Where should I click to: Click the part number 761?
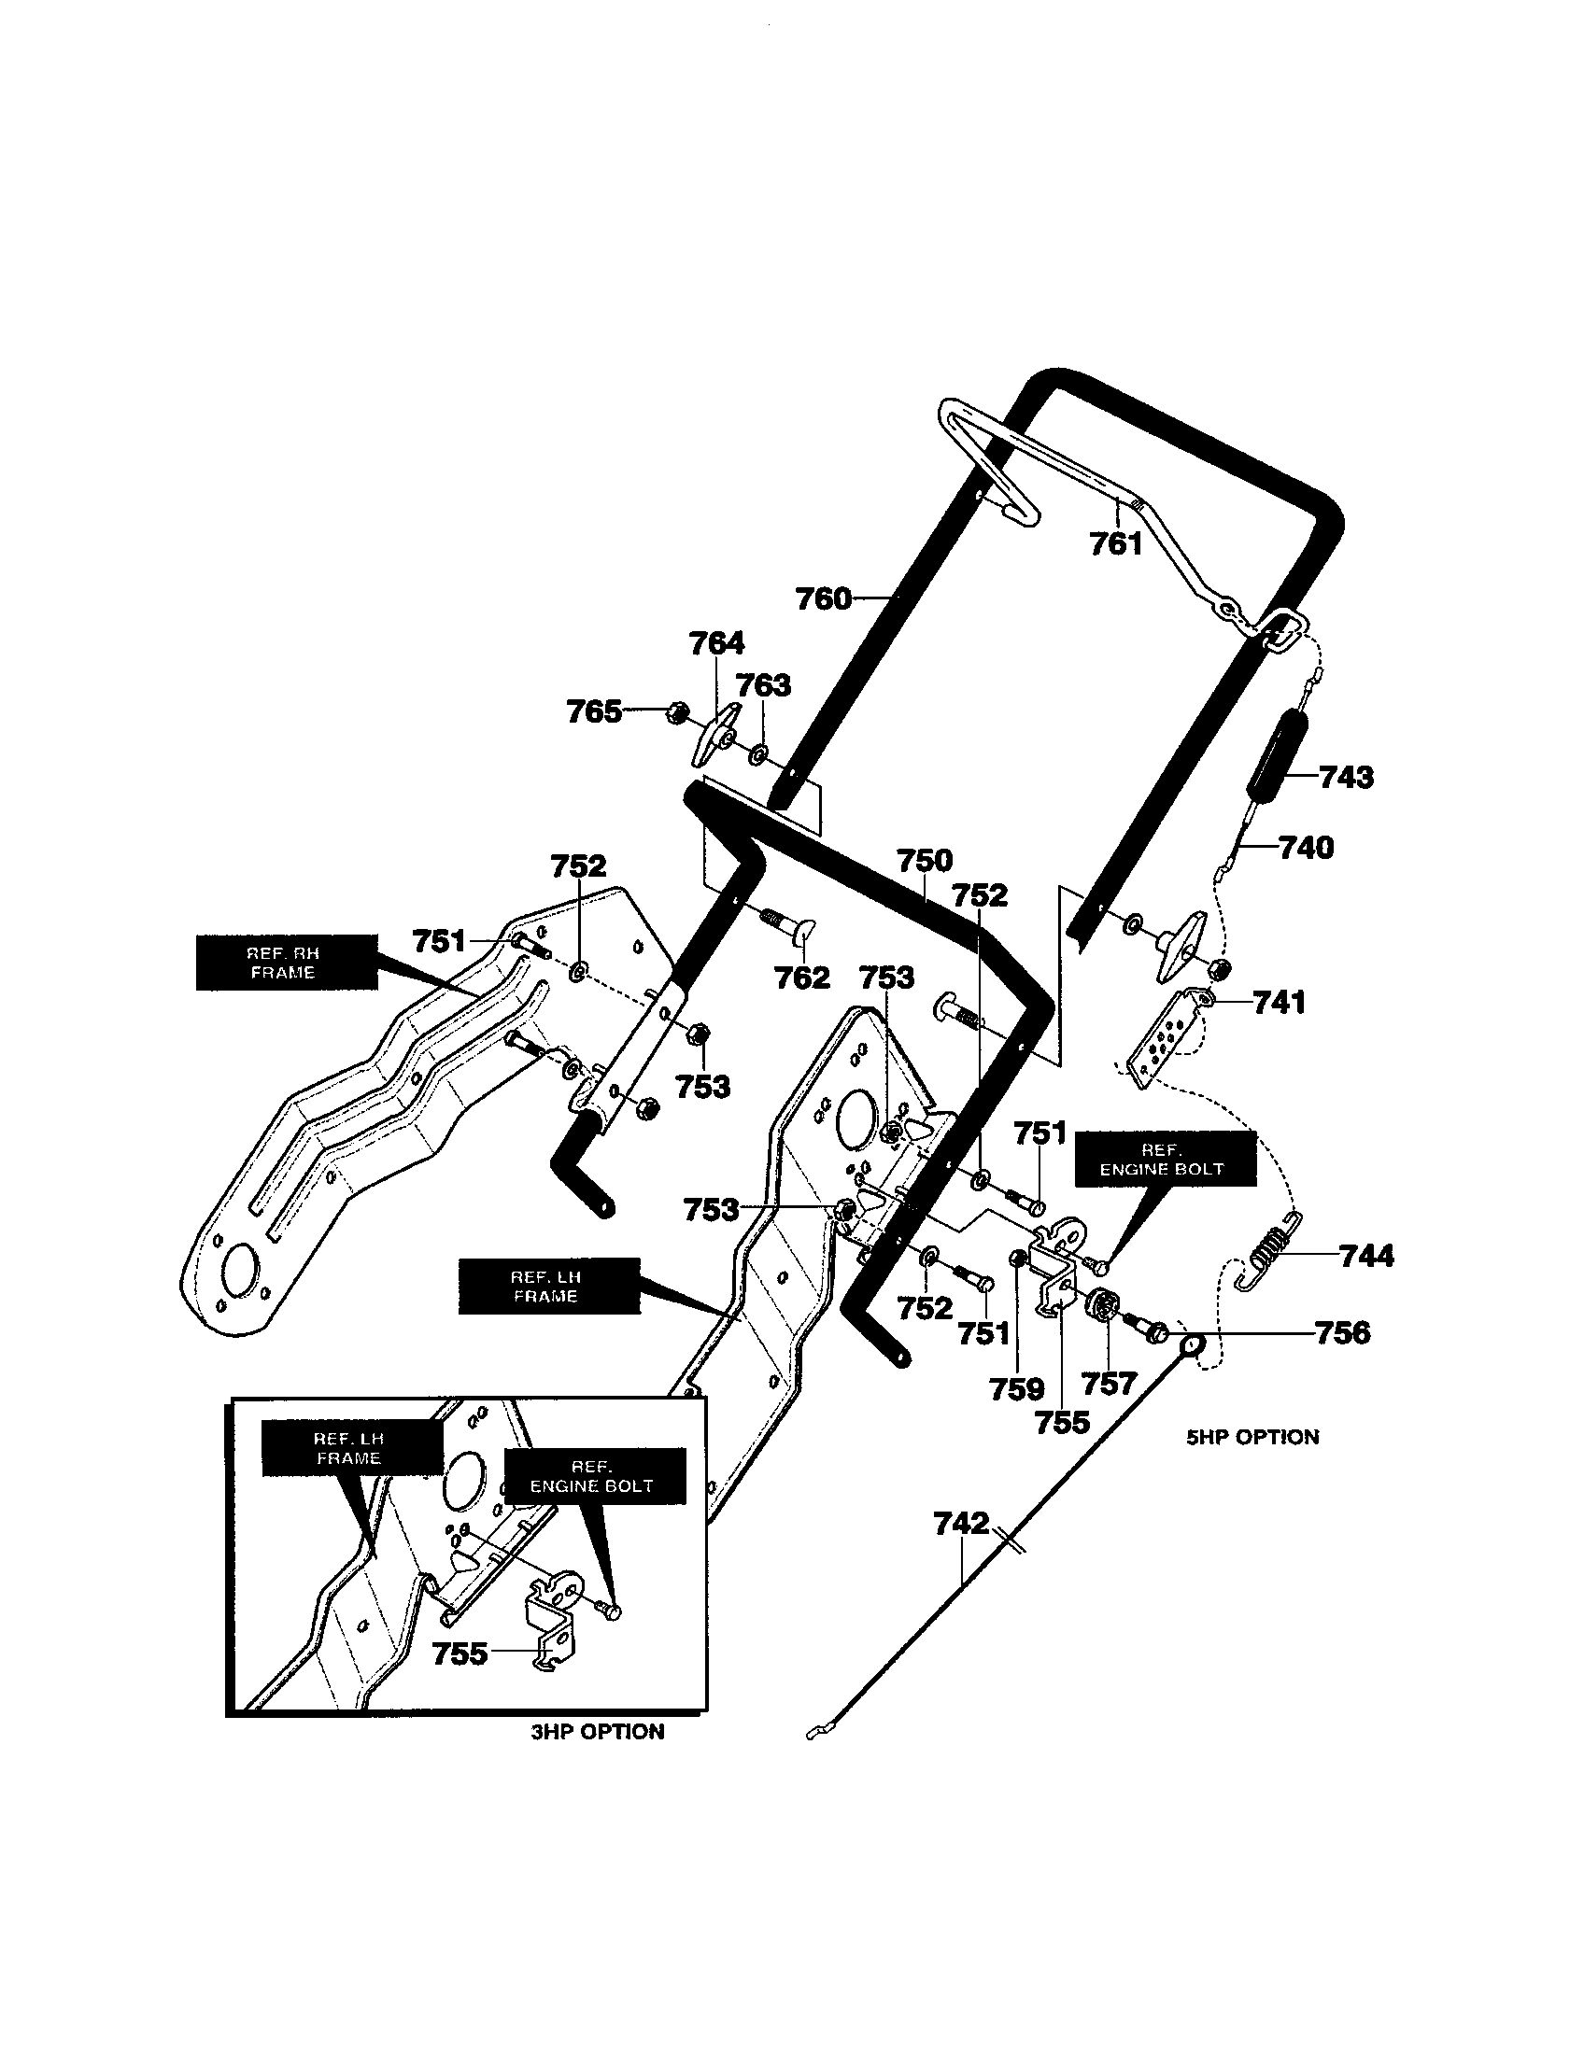click(x=1115, y=543)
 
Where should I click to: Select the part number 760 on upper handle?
click(x=823, y=599)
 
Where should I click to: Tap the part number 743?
click(x=1346, y=777)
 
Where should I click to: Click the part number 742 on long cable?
click(x=961, y=1523)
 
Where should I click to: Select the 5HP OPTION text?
click(x=1252, y=1437)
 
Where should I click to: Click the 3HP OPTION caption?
click(x=598, y=1731)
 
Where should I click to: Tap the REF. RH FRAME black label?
click(x=286, y=962)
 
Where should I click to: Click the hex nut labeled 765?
click(x=674, y=714)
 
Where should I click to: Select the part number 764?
click(x=716, y=643)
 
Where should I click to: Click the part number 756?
click(x=1342, y=1332)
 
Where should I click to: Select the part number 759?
click(x=1017, y=1389)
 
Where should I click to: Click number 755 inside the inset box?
click(x=460, y=1653)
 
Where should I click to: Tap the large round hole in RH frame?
click(x=238, y=1270)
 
